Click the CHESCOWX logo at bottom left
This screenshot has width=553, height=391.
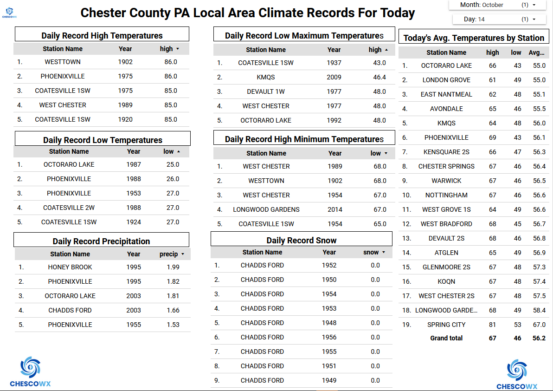[x=30, y=371]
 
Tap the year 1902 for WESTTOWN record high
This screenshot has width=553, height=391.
[x=125, y=62]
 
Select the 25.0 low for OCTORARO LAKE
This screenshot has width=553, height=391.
[x=173, y=164]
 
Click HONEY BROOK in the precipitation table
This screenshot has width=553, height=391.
[x=70, y=267]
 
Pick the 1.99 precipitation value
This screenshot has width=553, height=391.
[x=173, y=267]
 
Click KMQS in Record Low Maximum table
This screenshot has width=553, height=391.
[x=266, y=77]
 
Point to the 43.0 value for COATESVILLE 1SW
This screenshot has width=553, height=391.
[x=379, y=63]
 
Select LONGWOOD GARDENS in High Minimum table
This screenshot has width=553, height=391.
[x=266, y=209]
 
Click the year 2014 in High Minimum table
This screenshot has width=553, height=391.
[x=335, y=209]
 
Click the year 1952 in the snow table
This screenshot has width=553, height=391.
[x=329, y=265]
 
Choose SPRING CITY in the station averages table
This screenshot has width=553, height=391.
[x=446, y=325]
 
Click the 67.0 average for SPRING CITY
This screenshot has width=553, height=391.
[x=539, y=325]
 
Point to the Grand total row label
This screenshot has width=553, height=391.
[x=446, y=338]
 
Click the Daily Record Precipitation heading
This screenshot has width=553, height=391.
[x=101, y=241]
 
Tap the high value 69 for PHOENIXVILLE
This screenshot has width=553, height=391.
[x=493, y=137]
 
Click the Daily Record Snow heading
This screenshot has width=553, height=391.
[x=302, y=240]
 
